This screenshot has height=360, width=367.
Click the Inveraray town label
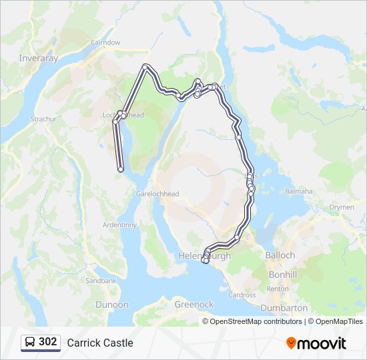click(39, 58)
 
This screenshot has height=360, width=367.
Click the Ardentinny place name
click(119, 225)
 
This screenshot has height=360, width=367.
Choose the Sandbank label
click(100, 281)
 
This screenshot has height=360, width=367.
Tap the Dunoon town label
click(112, 305)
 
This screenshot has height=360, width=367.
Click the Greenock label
click(194, 305)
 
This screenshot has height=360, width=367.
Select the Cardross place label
click(242, 295)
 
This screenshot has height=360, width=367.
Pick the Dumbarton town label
click(284, 308)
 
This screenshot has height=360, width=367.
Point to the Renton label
click(277, 289)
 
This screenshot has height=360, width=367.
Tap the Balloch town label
click(280, 255)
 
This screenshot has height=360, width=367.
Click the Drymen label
click(342, 207)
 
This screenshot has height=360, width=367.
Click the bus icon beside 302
click(30, 343)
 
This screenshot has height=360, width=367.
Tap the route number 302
click(47, 342)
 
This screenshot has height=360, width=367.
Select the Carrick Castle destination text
click(100, 343)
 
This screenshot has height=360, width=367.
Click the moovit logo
click(316, 343)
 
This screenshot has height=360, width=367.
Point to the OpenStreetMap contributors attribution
click(256, 321)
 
